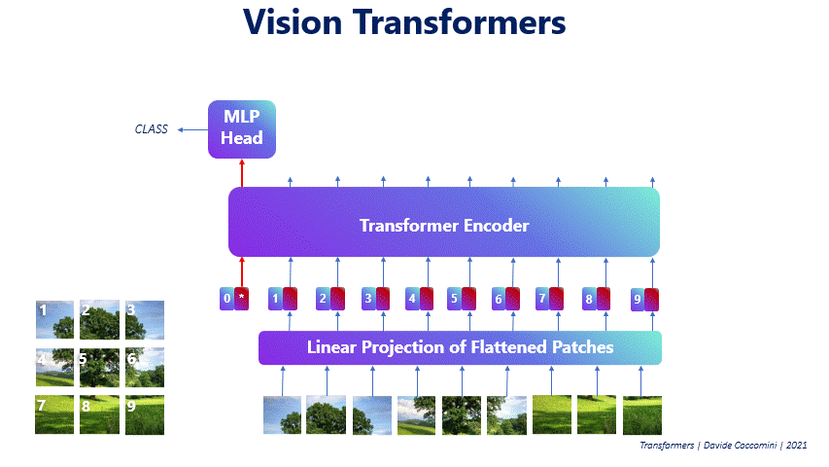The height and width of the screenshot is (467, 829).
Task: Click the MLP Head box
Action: [x=242, y=128]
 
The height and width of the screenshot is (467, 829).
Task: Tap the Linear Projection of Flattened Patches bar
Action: [x=460, y=347]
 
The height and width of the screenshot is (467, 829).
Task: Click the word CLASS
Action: [x=152, y=129]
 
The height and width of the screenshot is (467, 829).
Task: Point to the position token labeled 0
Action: [x=226, y=299]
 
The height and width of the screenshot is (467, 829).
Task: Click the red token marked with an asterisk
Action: [x=242, y=299]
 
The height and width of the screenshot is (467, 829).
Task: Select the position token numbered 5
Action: [x=454, y=299]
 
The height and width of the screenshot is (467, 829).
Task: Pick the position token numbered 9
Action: [x=637, y=299]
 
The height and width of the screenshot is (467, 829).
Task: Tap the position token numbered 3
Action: [x=368, y=299]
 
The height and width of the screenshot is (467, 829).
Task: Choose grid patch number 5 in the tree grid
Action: [x=99, y=367]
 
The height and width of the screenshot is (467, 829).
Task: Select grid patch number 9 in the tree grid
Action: [x=145, y=414]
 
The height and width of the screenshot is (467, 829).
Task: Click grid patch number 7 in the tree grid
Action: [x=54, y=414]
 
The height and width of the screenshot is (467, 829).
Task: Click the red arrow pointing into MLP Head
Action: [x=242, y=173]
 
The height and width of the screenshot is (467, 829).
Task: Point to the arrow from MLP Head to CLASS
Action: [x=190, y=129]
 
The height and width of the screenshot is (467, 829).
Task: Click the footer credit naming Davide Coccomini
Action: [x=722, y=445]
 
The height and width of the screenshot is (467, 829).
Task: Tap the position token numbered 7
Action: [x=542, y=299]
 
